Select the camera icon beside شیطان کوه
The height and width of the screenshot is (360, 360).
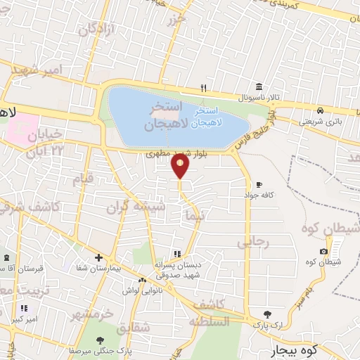tap(323, 251)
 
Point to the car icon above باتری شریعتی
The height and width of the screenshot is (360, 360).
tap(319, 111)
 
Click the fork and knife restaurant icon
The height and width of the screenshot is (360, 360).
tap(203, 88)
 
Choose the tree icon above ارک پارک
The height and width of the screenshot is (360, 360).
tap(266, 314)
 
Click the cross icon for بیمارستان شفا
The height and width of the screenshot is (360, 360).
tap(98, 258)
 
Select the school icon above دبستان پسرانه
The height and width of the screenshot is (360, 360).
tap(177, 254)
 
